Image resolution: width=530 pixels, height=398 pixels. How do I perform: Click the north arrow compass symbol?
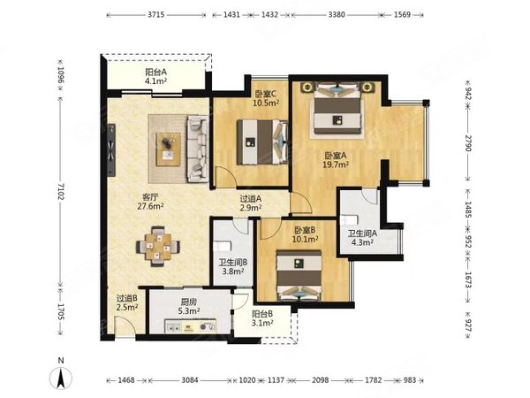point(61,378)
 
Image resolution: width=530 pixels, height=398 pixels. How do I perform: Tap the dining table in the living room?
point(158,247)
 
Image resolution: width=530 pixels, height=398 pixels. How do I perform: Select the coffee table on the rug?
point(169,149)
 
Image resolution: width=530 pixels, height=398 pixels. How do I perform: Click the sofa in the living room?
point(198,149)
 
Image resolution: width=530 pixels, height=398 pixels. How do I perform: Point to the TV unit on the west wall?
point(111,150)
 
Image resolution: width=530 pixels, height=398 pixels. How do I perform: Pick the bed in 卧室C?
point(262,142)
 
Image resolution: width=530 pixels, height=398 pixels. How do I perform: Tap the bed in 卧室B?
point(299,275)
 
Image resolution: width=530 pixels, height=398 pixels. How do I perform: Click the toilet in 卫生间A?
point(349,220)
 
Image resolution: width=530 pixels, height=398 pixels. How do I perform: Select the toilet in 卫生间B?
point(222,246)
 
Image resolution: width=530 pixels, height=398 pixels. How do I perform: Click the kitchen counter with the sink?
point(191,326)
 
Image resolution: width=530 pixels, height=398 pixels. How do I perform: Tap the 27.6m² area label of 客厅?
point(150,206)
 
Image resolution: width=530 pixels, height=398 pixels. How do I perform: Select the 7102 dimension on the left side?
point(60,191)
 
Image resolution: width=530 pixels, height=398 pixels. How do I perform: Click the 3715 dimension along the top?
point(156,14)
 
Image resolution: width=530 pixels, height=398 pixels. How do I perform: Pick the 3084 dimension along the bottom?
point(190,380)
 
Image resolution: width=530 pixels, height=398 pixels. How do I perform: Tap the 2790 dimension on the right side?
point(468,143)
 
